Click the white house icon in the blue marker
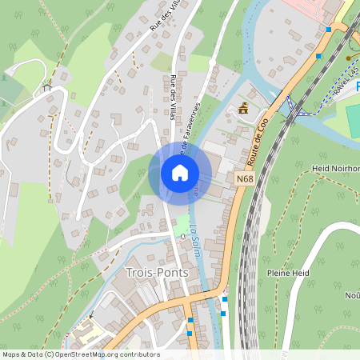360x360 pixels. click(179, 172)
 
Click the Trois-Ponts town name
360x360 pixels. click(158, 272)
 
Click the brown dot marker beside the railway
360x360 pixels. click(347, 58)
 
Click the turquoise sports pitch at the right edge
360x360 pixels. click(353, 120)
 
